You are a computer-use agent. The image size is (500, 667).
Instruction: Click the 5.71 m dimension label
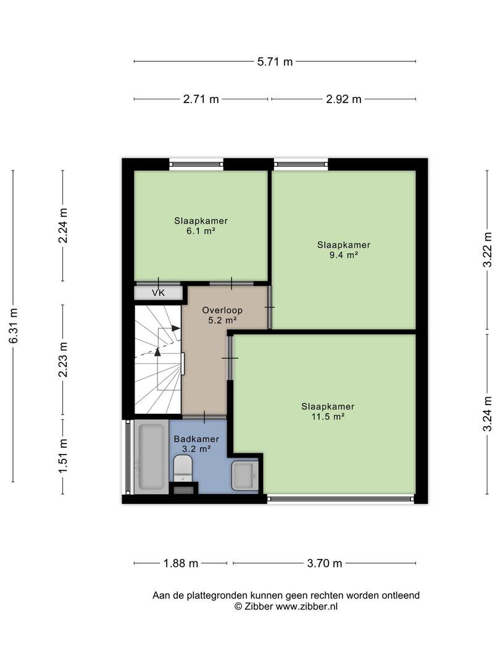[275, 62]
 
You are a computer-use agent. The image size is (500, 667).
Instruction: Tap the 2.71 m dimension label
[201, 99]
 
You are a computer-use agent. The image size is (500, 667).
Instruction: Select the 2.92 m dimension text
[344, 99]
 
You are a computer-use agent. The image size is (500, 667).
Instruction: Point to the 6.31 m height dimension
[14, 326]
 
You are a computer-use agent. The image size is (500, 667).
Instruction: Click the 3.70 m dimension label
[325, 563]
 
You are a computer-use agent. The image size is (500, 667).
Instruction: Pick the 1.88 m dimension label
[181, 563]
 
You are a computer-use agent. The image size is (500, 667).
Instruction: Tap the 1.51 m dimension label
[63, 456]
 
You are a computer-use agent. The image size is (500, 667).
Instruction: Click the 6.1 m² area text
[201, 232]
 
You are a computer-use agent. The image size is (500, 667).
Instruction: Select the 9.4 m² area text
[344, 255]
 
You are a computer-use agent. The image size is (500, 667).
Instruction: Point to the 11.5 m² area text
[328, 416]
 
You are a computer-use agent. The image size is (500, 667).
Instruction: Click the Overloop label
[222, 310]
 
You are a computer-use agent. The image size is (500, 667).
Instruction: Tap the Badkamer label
[196, 438]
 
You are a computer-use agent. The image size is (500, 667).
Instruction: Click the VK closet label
[158, 293]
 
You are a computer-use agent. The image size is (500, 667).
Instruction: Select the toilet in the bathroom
[183, 468]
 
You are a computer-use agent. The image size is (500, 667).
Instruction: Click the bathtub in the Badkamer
[151, 456]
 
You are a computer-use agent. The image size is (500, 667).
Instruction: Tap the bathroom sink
[244, 476]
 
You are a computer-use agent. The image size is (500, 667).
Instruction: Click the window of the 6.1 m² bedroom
[196, 164]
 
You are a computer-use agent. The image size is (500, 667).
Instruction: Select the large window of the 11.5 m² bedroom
[341, 498]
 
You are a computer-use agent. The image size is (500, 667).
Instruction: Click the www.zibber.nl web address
[307, 606]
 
